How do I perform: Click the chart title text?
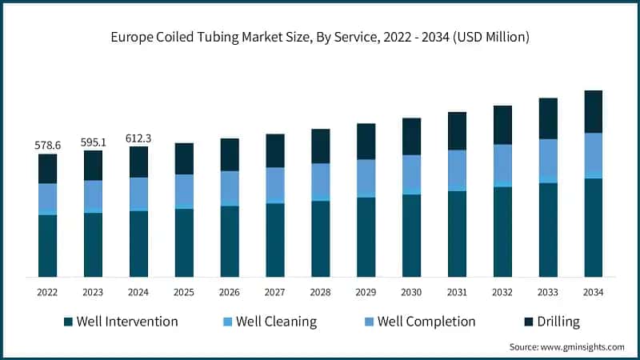click(320, 37)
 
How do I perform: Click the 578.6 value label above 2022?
click(47, 146)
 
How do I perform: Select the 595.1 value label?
click(93, 142)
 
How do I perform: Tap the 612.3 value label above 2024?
click(138, 138)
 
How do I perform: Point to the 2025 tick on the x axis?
click(184, 293)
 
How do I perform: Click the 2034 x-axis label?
click(593, 293)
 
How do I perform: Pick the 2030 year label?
click(411, 293)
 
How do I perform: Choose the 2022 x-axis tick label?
click(47, 293)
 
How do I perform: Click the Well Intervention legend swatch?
click(68, 322)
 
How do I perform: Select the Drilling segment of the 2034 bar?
click(593, 111)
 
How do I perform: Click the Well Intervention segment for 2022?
click(47, 246)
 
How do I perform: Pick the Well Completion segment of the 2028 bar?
click(320, 180)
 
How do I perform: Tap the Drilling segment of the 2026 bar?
click(230, 154)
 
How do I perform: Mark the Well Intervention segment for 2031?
click(457, 234)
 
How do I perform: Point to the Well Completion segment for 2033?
click(548, 158)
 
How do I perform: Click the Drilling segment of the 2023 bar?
click(93, 165)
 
